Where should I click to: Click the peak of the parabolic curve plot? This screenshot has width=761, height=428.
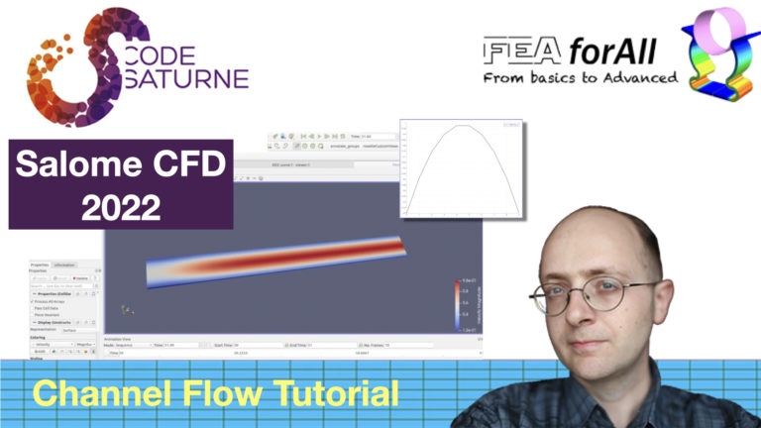pyautogui.click(x=461, y=126)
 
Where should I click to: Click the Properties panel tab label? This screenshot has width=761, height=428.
pyautogui.click(x=40, y=266)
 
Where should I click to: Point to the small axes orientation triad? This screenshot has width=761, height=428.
pyautogui.click(x=124, y=310)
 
